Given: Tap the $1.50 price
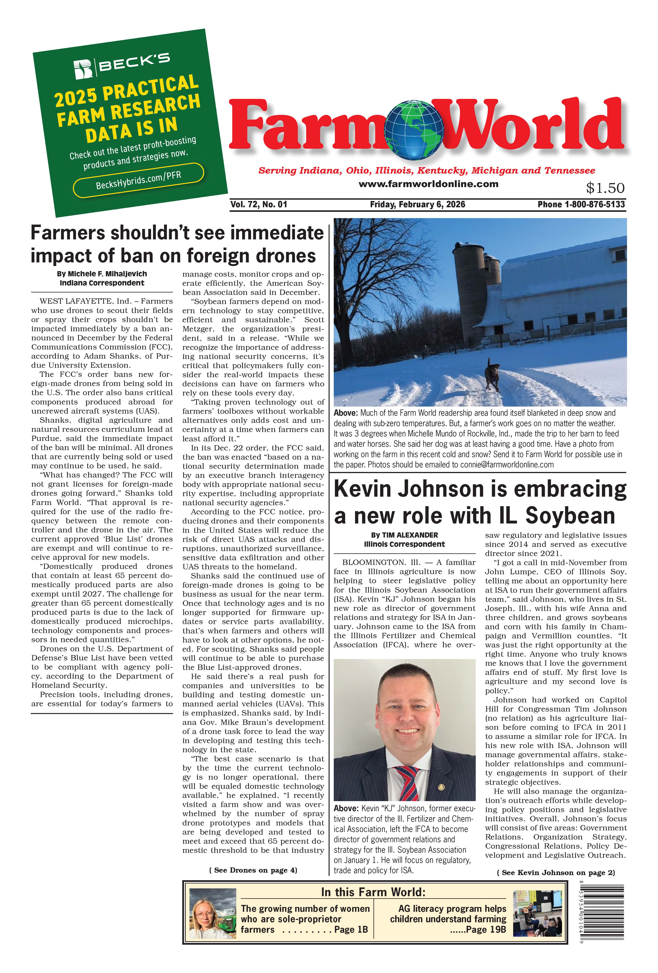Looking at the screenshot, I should pyautogui.click(x=605, y=188).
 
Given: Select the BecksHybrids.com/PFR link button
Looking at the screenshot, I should pyautogui.click(x=139, y=180).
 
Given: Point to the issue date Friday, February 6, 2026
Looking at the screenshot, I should pyautogui.click(x=417, y=204).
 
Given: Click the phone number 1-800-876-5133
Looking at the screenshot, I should pyautogui.click(x=594, y=204).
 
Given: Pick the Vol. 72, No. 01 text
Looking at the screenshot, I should pyautogui.click(x=259, y=204).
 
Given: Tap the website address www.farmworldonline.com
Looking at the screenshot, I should pyautogui.click(x=428, y=184).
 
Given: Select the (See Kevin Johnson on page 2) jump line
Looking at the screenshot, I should pyautogui.click(x=555, y=873).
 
